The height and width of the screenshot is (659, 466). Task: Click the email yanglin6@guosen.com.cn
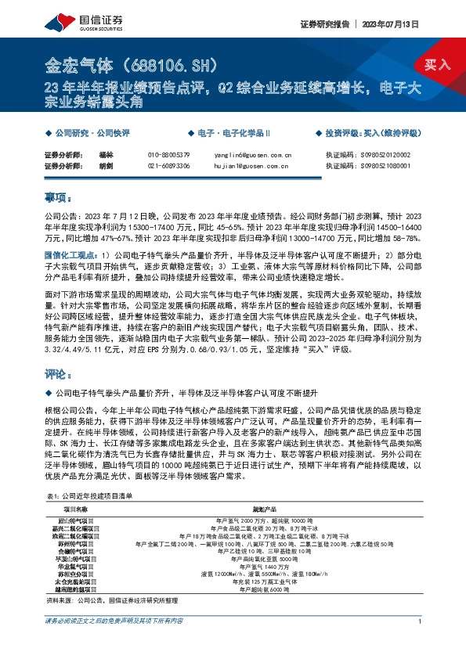[x=247, y=156]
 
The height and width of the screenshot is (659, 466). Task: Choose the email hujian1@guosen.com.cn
[x=247, y=166]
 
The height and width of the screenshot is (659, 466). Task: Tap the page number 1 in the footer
[x=421, y=643]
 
